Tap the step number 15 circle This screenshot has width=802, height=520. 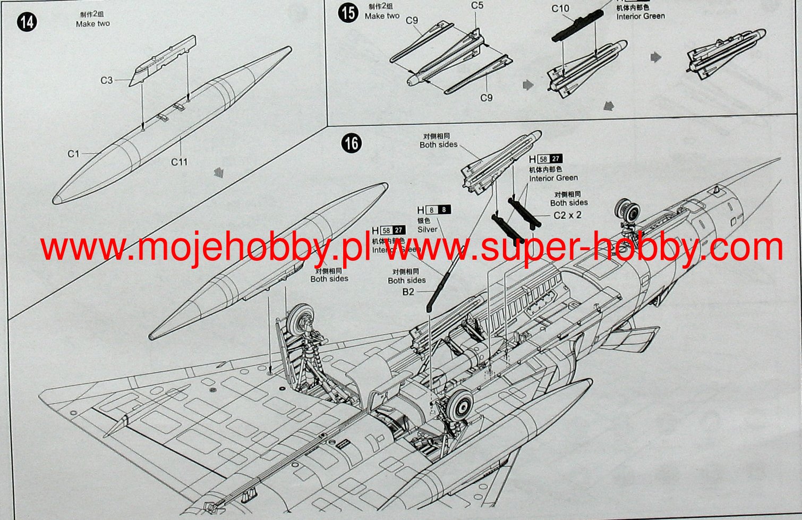click(348, 13)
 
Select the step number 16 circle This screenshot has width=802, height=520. click(352, 143)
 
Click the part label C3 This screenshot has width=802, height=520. click(107, 80)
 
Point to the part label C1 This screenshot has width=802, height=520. click(73, 154)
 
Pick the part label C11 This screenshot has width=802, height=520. click(179, 161)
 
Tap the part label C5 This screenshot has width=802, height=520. click(477, 6)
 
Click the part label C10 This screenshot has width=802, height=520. click(560, 8)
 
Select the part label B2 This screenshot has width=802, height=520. click(408, 292)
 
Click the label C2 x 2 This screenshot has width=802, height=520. click(567, 215)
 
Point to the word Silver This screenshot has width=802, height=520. click(427, 229)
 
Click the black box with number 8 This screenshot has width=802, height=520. click(444, 210)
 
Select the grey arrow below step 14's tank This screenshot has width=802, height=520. click(218, 172)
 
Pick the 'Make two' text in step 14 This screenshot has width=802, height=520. click(92, 24)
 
